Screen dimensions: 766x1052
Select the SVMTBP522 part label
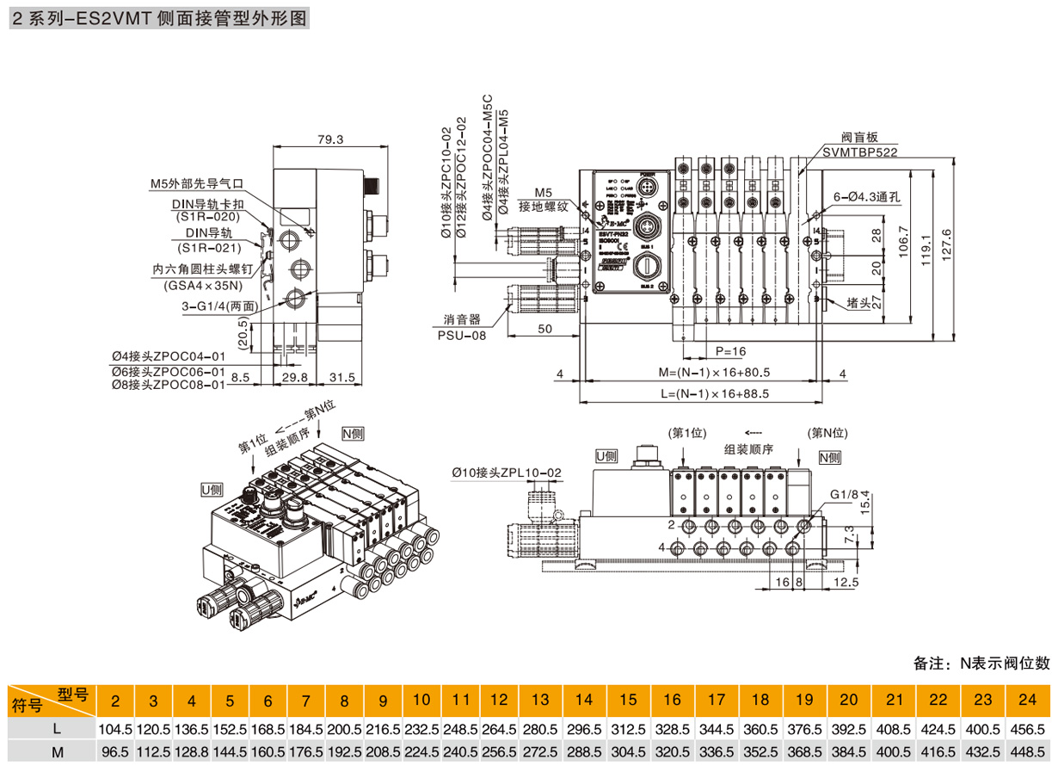coord(858,151)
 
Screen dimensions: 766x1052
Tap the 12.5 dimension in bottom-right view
coord(846,583)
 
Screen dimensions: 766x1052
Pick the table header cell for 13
coord(540,700)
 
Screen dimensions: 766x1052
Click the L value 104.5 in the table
coord(115,728)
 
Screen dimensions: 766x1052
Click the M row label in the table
coord(56,751)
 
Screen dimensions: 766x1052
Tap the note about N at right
coord(981,663)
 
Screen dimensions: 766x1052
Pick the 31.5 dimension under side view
coord(342,377)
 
